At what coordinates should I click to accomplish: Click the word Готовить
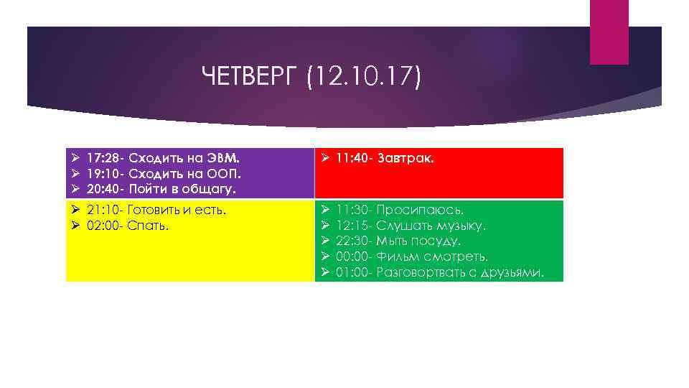coord(155,210)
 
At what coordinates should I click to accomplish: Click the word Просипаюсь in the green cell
coord(420,210)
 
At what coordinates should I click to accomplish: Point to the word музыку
coord(459,226)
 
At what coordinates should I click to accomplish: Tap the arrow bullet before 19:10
coord(75,174)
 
